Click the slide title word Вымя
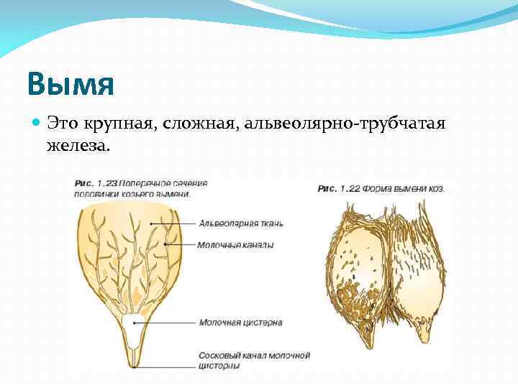coord(71,85)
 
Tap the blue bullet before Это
coord(37,124)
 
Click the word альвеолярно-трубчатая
coord(346,124)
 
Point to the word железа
coord(78,146)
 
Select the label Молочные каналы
coord(235,245)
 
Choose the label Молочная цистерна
coord(240,323)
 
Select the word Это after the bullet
coord(62,124)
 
